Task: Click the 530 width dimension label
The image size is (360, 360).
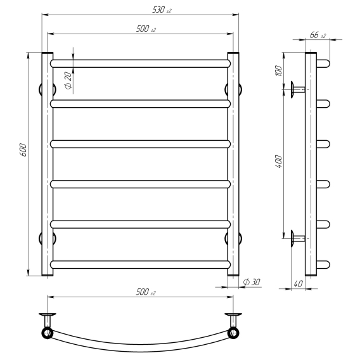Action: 162,10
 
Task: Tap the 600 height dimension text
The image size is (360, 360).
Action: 23,150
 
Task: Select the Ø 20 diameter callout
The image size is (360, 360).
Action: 68,80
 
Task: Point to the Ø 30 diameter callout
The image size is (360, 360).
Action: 252,282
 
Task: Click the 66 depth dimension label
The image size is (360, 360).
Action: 318,35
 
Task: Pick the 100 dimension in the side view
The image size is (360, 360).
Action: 278,71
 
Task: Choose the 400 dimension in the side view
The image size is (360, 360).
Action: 278,162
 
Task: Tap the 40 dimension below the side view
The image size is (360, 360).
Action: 298,284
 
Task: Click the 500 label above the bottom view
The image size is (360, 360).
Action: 146,292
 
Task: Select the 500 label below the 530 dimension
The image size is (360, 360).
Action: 146,29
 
